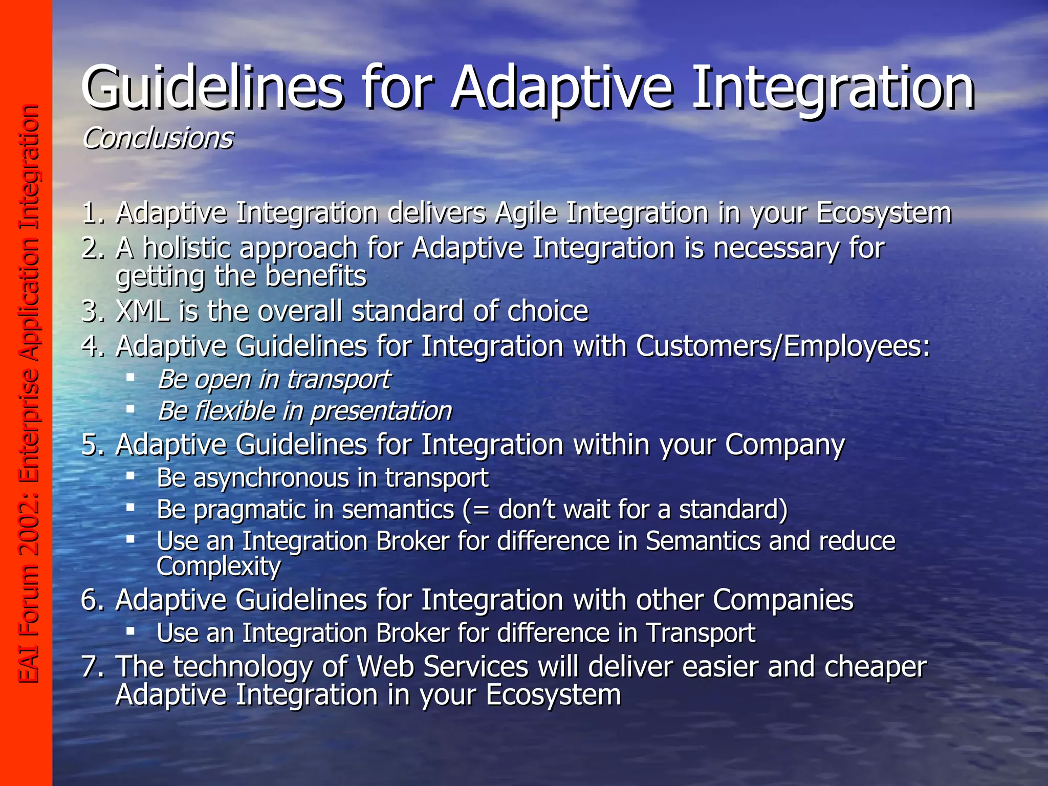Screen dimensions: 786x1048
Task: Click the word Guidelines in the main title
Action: (x=212, y=88)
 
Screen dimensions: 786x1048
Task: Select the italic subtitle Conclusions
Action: (x=158, y=138)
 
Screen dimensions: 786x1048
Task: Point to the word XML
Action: (x=143, y=311)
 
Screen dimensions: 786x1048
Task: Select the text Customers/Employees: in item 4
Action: (x=783, y=346)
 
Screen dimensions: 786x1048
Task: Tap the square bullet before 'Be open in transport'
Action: (x=130, y=377)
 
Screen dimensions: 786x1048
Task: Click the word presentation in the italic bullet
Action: (x=382, y=411)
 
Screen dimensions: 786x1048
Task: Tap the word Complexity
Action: (x=219, y=566)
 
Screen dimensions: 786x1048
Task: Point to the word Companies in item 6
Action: (x=783, y=600)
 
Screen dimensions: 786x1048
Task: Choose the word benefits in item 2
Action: (x=316, y=276)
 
